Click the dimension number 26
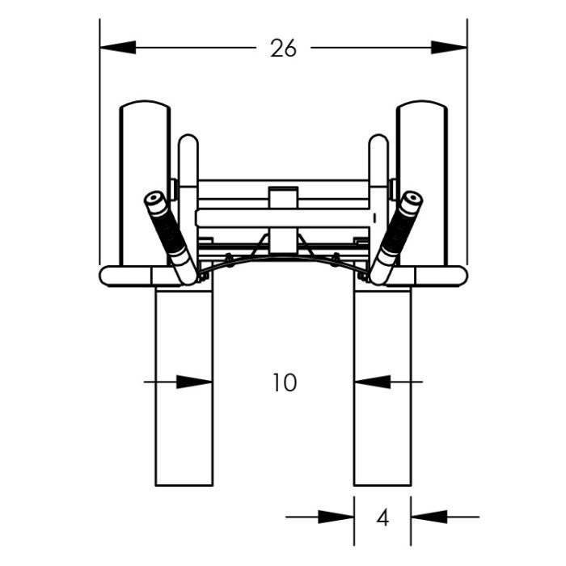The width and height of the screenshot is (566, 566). pyautogui.click(x=283, y=49)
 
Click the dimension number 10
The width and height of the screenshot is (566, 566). pyautogui.click(x=285, y=382)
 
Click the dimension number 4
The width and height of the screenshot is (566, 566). pyautogui.click(x=382, y=517)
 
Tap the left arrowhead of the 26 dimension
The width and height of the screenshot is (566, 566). pyautogui.click(x=118, y=47)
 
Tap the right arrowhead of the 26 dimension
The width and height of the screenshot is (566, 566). pyautogui.click(x=449, y=47)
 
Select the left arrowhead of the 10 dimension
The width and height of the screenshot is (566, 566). pyautogui.click(x=194, y=382)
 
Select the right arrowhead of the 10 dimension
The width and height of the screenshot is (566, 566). pyautogui.click(x=373, y=382)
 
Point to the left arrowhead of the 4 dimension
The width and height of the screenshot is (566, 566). pyautogui.click(x=336, y=517)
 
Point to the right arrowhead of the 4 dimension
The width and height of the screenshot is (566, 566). pyautogui.click(x=429, y=517)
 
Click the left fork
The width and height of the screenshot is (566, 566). pyautogui.click(x=184, y=386)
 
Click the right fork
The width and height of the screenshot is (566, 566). pyautogui.click(x=382, y=386)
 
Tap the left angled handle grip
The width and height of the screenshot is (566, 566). pyautogui.click(x=171, y=238)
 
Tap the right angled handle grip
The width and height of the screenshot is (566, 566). pyautogui.click(x=396, y=238)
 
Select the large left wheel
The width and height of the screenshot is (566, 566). pyautogui.click(x=145, y=184)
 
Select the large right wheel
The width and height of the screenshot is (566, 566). pyautogui.click(x=422, y=184)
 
